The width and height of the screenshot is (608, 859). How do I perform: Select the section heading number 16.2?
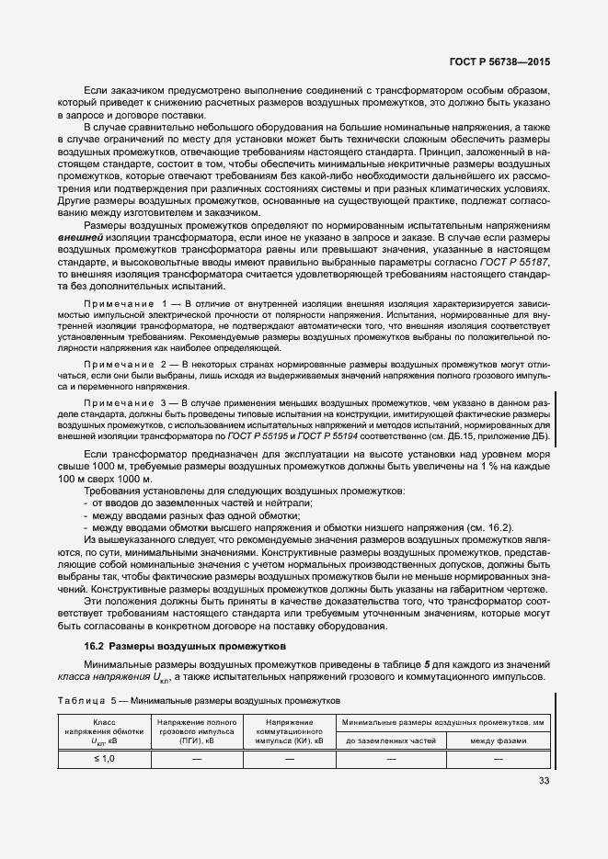tap(95, 646)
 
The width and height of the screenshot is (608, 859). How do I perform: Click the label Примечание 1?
tap(123, 302)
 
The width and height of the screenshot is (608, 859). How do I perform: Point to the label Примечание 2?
tap(123, 365)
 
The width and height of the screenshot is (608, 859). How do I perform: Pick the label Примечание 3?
tap(123, 402)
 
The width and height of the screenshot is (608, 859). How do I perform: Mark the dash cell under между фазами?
tap(497, 759)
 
